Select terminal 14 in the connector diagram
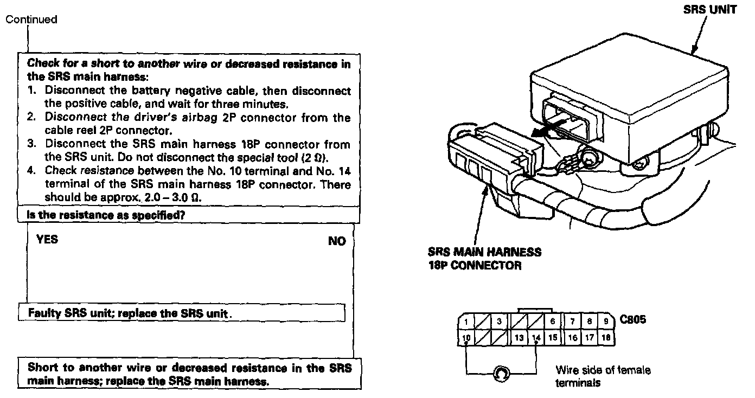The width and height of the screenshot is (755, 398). (x=536, y=338)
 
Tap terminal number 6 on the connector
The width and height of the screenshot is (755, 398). (x=553, y=322)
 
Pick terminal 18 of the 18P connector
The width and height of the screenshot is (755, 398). (x=606, y=338)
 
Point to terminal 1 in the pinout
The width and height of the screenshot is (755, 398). (x=466, y=322)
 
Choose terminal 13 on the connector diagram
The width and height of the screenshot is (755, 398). (x=519, y=338)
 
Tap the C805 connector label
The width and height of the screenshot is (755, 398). (x=632, y=319)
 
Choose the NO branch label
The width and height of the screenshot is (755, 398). (x=337, y=241)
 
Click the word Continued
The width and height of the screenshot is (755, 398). (x=31, y=20)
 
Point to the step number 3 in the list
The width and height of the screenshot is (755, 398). (x=32, y=144)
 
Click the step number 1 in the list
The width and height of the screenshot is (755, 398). (x=32, y=91)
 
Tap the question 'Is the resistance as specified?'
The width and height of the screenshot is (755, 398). (x=106, y=215)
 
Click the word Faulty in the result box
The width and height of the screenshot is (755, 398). (x=44, y=313)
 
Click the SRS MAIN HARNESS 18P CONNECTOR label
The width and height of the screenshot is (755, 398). (x=484, y=259)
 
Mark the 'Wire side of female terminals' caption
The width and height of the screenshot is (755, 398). (x=603, y=376)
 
